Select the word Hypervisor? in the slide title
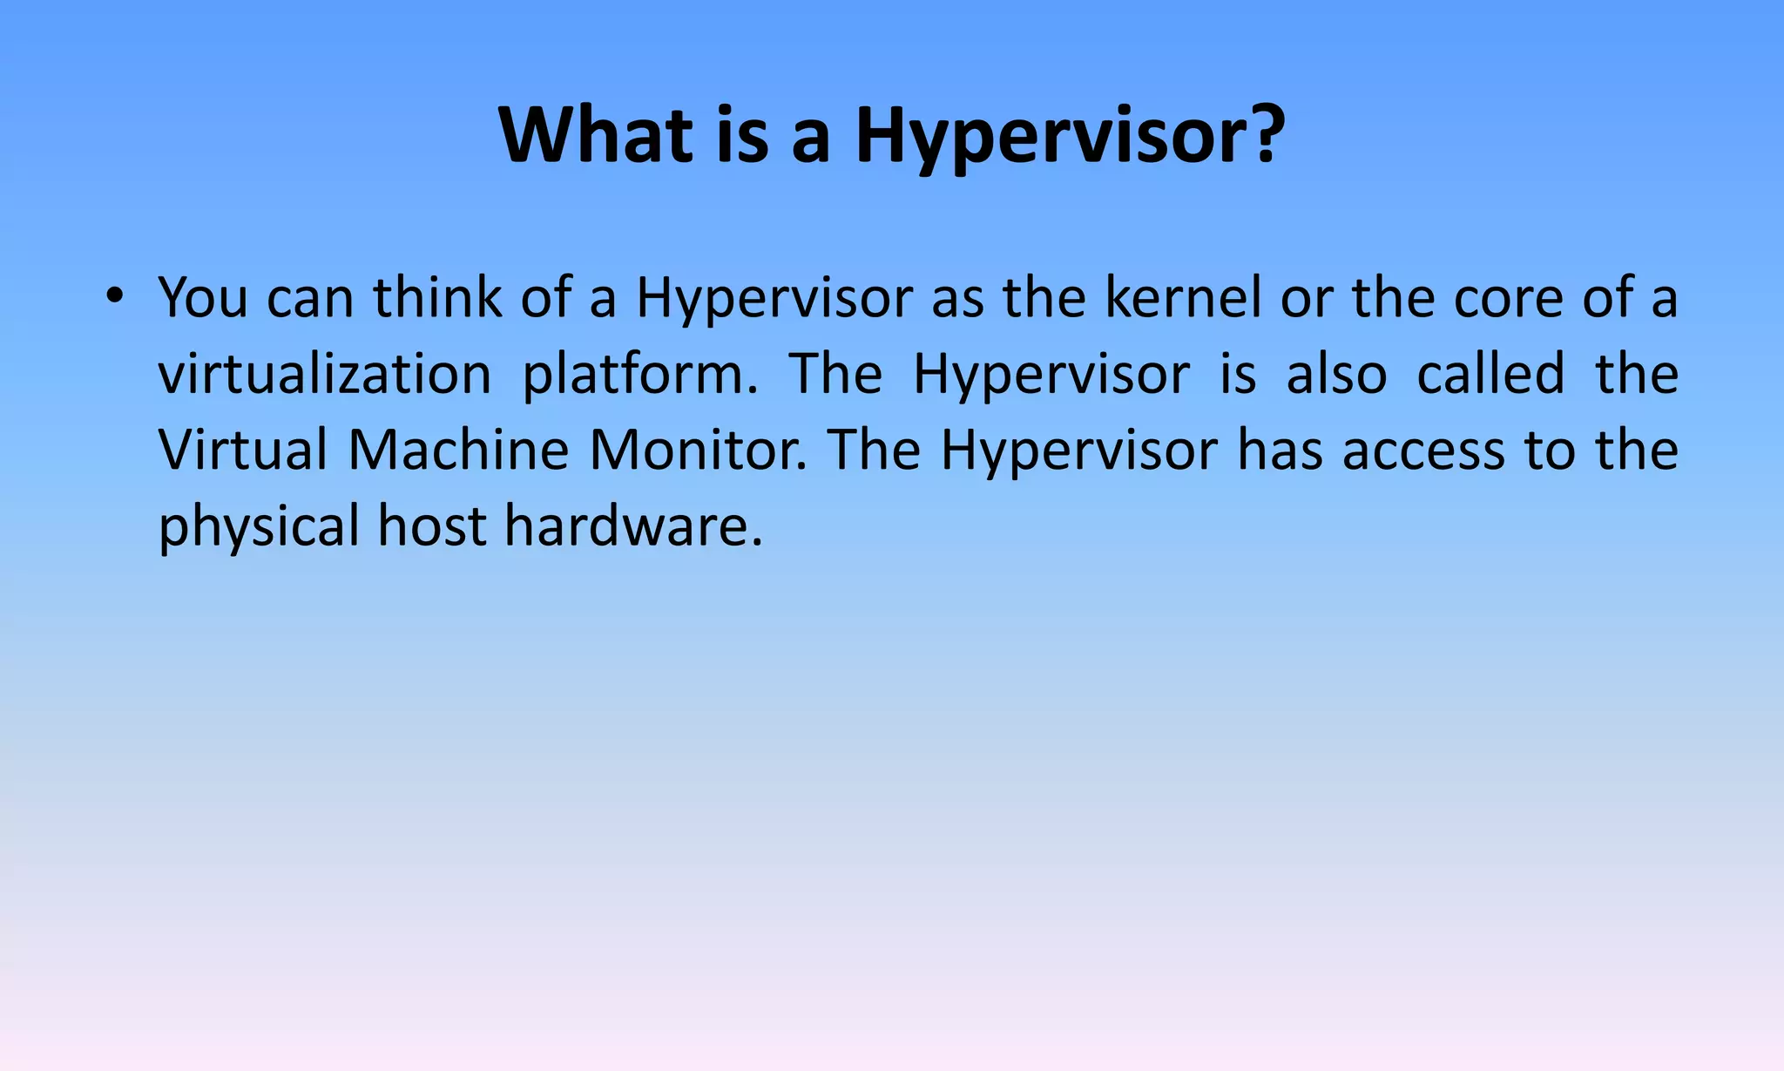click(1070, 138)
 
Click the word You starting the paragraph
click(203, 298)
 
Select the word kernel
click(1183, 298)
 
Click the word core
click(1508, 298)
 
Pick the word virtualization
click(325, 375)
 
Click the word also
click(1336, 375)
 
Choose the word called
click(1490, 375)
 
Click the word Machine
click(458, 451)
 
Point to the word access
click(1423, 451)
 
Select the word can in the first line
click(309, 298)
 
